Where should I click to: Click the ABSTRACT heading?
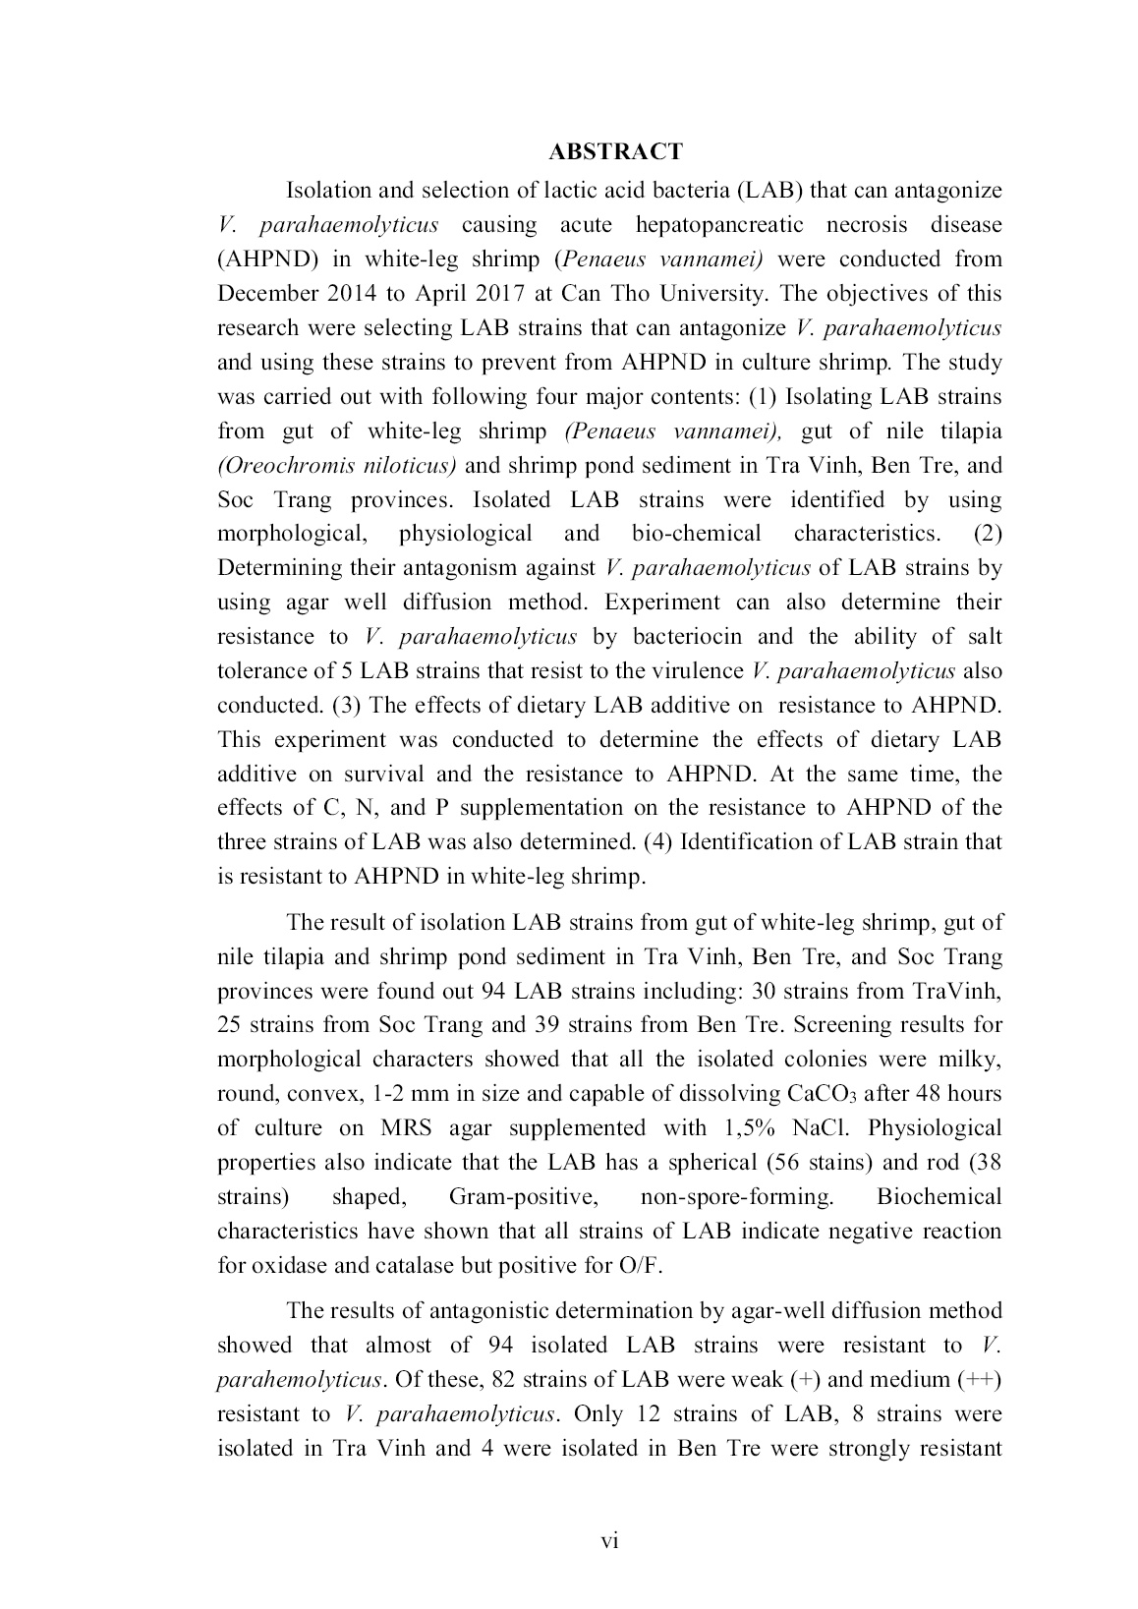coord(615,151)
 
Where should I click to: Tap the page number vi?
coord(609,1540)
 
